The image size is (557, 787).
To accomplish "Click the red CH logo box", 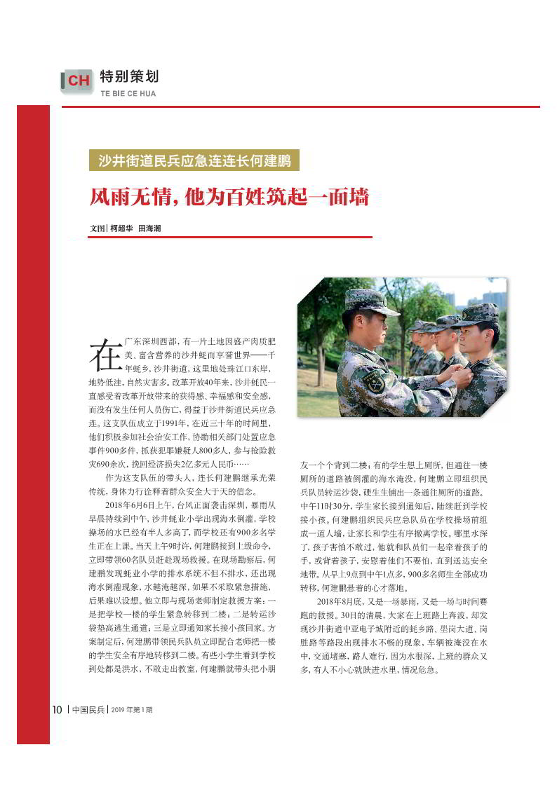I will [77, 81].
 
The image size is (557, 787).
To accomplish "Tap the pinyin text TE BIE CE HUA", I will [128, 94].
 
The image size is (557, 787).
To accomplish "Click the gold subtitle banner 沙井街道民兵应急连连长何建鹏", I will [194, 160].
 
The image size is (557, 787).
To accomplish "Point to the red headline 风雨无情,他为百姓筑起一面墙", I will [229, 197].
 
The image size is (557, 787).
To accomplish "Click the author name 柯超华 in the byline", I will [121, 228].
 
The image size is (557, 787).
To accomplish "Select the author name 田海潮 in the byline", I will [149, 228].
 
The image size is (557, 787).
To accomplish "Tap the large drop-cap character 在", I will [105, 353].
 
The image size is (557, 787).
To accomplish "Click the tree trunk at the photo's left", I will [320, 357].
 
